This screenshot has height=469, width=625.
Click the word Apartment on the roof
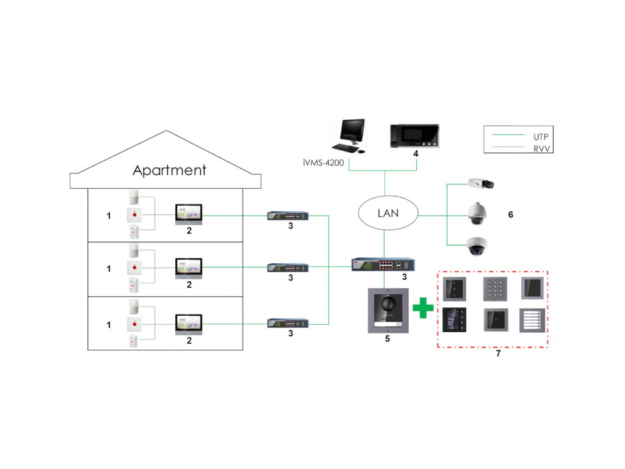pyautogui.click(x=170, y=170)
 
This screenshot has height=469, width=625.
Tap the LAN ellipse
pyautogui.click(x=388, y=197)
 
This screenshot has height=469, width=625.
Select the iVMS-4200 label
pyautogui.click(x=323, y=162)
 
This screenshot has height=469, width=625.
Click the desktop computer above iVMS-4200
pyautogui.click(x=350, y=136)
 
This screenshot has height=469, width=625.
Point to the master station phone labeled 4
pyautogui.click(x=414, y=136)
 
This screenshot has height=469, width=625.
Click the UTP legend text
pyautogui.click(x=541, y=137)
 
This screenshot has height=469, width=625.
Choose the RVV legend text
pyautogui.click(x=542, y=149)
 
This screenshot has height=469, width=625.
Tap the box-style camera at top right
pyautogui.click(x=482, y=183)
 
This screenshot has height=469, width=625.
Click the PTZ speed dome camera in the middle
pyautogui.click(x=477, y=213)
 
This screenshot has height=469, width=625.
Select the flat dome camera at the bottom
pyautogui.click(x=477, y=246)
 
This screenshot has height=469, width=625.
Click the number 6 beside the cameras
pyautogui.click(x=511, y=214)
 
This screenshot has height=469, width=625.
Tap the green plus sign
pyautogui.click(x=423, y=308)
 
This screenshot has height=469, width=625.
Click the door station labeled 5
pyautogui.click(x=388, y=311)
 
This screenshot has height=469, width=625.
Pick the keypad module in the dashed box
pyautogui.click(x=496, y=289)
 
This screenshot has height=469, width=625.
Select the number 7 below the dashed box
pyautogui.click(x=498, y=354)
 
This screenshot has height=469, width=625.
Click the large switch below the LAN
pyautogui.click(x=383, y=264)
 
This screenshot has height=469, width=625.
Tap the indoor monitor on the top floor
pyautogui.click(x=189, y=214)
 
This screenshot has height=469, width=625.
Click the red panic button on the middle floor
pyautogui.click(x=134, y=267)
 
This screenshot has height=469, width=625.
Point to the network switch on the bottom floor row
pyautogui.click(x=288, y=323)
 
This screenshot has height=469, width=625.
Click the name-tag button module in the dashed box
pyautogui.click(x=532, y=320)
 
